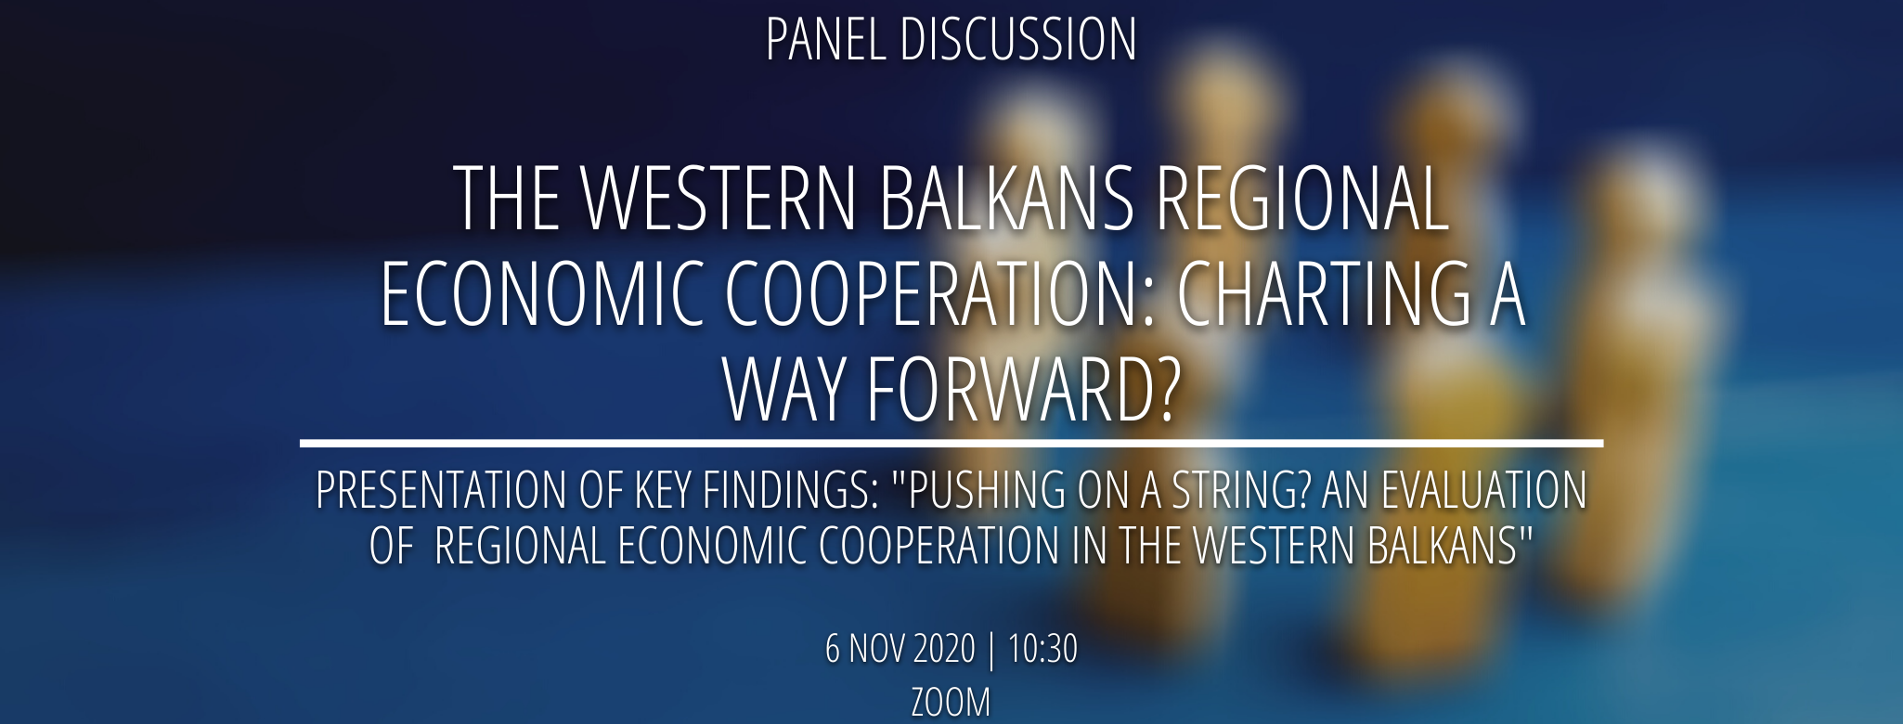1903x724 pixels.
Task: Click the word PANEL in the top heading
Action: click(x=825, y=40)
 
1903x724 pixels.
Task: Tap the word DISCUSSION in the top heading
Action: click(x=1018, y=40)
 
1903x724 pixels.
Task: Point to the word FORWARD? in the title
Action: click(x=1023, y=390)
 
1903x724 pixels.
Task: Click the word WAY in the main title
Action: click(x=785, y=390)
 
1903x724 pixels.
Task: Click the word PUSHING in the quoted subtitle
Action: click(x=978, y=490)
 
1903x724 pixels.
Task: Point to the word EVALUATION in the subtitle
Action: click(x=1484, y=490)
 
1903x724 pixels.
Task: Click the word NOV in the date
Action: click(x=876, y=649)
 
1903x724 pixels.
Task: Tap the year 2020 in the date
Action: click(x=943, y=649)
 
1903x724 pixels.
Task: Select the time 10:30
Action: click(x=1042, y=649)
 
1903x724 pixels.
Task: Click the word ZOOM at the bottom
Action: click(x=951, y=703)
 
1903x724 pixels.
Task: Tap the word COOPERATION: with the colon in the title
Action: click(x=941, y=293)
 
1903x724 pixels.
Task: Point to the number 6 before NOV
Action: click(x=833, y=649)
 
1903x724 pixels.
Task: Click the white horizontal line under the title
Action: click(x=951, y=444)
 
